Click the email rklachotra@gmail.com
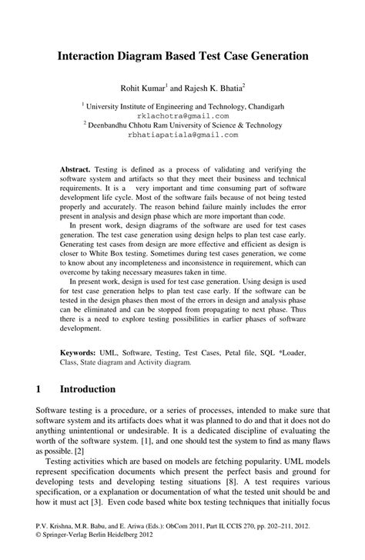pos(182,113)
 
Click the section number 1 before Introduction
pos(39,389)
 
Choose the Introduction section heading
pos(88,389)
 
